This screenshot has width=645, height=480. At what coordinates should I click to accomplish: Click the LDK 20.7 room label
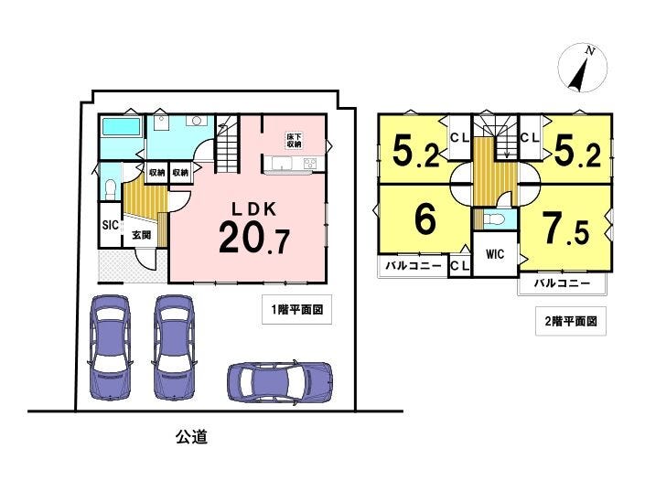(x=254, y=228)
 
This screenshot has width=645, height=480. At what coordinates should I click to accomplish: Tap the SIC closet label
(x=110, y=225)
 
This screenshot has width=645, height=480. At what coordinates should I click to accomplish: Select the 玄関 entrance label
(x=141, y=235)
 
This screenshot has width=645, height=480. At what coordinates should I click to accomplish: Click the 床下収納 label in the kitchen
(x=294, y=140)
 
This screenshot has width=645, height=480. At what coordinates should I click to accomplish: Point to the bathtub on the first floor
(x=122, y=126)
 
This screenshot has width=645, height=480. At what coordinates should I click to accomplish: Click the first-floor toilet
(x=110, y=190)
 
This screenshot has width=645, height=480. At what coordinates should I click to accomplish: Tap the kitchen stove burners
(x=309, y=164)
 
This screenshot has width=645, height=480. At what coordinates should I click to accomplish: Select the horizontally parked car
(x=280, y=381)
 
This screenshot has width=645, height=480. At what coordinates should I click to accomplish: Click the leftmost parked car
(x=110, y=347)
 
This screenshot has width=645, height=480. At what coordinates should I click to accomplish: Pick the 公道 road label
(x=192, y=436)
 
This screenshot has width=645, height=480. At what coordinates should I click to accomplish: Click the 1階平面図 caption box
(x=296, y=309)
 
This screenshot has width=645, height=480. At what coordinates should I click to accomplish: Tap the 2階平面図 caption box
(x=571, y=321)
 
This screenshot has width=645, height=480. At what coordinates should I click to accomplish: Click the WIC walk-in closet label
(x=494, y=254)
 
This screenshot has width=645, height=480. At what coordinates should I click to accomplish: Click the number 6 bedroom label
(x=425, y=219)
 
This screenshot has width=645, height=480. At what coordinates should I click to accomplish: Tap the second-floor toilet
(x=494, y=219)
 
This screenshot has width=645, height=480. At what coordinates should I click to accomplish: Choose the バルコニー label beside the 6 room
(x=414, y=265)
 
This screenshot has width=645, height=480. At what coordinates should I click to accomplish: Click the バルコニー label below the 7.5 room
(x=563, y=283)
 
